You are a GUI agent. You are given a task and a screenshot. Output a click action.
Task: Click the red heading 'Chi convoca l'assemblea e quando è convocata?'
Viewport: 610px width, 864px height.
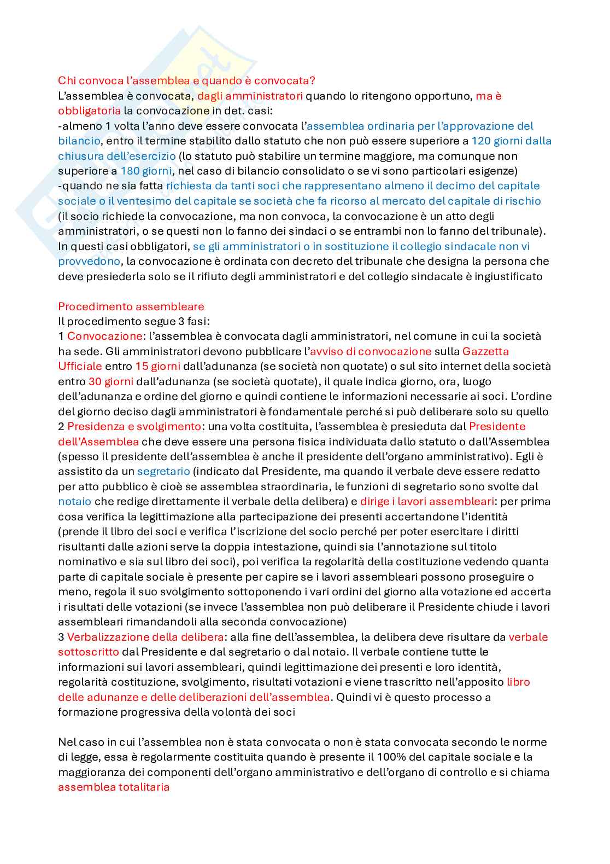(186, 81)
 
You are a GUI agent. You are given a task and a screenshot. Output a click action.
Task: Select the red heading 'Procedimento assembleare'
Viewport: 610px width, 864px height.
(131, 306)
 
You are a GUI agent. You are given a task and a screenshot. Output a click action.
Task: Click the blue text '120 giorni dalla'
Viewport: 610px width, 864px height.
(511, 141)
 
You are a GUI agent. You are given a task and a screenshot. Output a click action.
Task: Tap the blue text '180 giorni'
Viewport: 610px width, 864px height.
(146, 171)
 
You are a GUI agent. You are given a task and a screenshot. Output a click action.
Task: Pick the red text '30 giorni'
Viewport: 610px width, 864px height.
(110, 381)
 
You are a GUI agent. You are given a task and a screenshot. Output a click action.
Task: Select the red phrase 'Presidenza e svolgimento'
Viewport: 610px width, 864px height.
(134, 426)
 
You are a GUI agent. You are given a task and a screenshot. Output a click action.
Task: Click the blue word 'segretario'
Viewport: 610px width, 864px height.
(163, 471)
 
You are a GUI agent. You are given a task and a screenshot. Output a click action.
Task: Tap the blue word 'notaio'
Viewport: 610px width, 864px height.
(74, 501)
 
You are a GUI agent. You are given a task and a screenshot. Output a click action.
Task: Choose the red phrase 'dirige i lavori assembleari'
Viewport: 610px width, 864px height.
(427, 501)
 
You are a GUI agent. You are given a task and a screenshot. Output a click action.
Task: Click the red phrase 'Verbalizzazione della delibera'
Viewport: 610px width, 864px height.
(145, 637)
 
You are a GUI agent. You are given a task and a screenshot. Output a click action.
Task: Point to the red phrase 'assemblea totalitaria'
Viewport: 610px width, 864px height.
(114, 787)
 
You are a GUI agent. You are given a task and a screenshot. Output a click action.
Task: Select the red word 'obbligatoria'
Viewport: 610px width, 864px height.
(89, 111)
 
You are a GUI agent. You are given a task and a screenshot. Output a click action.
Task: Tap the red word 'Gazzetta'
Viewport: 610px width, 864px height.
(485, 351)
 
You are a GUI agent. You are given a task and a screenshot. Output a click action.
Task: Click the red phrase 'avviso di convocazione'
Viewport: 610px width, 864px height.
(371, 351)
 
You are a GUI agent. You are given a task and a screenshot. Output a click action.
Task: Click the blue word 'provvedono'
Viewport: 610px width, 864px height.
(89, 261)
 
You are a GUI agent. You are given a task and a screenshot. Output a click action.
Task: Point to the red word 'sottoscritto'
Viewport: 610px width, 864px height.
(89, 652)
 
